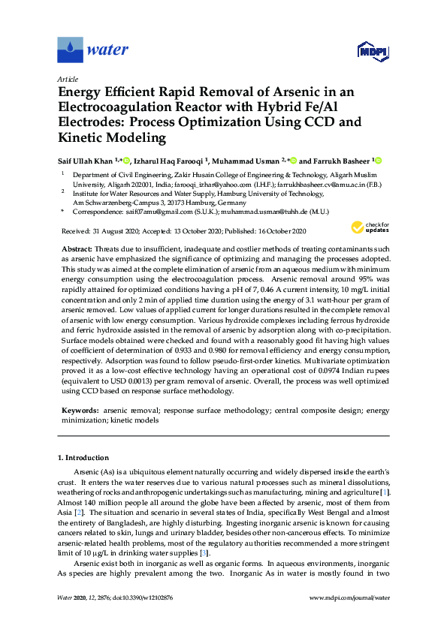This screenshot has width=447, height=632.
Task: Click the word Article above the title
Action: tap(68, 78)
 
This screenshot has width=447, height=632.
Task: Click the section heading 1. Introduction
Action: tap(83, 457)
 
